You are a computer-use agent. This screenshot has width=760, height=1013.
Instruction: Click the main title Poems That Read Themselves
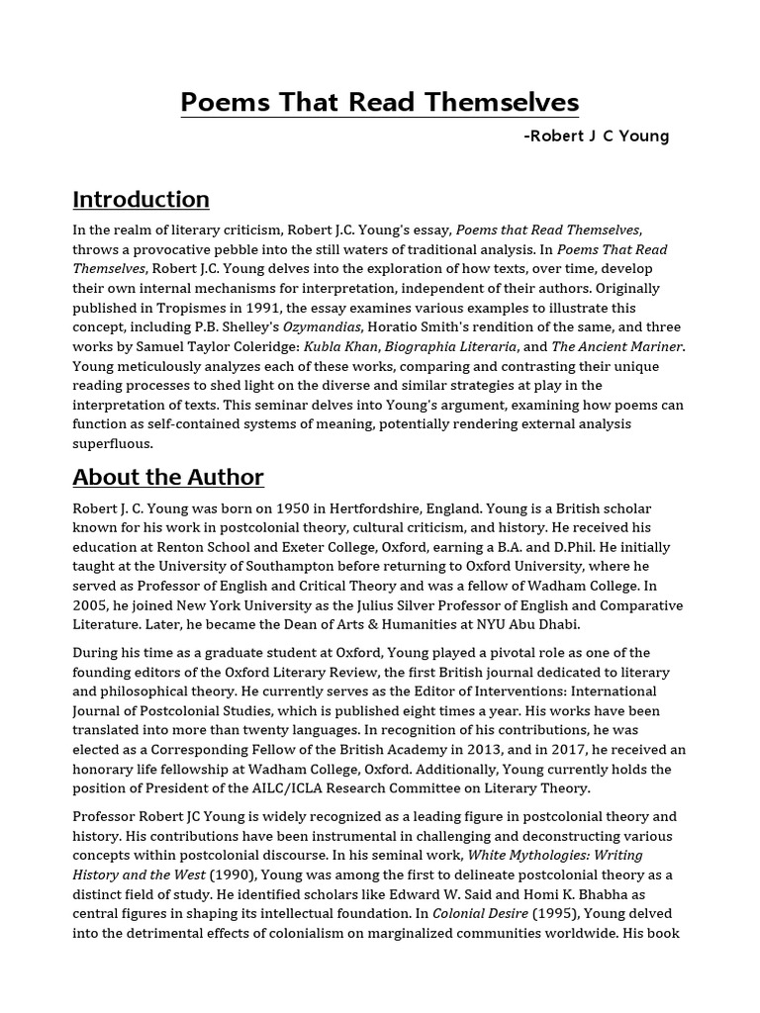(x=379, y=103)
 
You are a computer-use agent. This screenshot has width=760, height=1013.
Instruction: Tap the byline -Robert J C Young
(x=596, y=136)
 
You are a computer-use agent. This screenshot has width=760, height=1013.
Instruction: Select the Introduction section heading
(x=141, y=199)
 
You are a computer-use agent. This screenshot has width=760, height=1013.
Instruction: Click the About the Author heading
(x=167, y=477)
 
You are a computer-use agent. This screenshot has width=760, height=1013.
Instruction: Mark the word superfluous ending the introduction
(x=113, y=443)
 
